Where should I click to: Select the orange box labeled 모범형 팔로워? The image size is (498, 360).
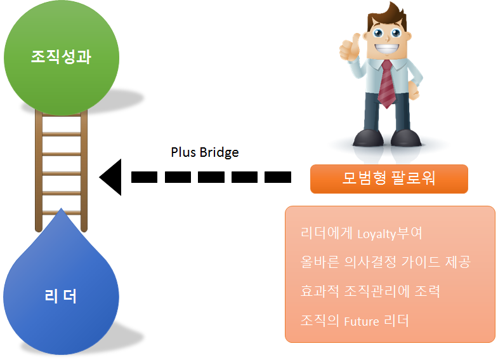tap(388, 178)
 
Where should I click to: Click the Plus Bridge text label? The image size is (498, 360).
tap(204, 152)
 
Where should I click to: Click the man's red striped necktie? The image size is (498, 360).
tap(386, 83)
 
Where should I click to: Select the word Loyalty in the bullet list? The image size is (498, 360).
tap(377, 234)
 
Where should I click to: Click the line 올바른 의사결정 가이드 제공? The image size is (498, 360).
tap(386, 262)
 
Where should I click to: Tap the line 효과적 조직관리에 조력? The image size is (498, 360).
tap(370, 291)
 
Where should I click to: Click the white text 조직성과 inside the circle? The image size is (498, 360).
tap(61, 57)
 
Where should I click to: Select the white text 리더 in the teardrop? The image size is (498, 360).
tap(61, 296)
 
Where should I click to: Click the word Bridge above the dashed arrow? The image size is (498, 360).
tap(219, 152)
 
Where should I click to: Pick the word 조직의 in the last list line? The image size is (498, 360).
tap(320, 321)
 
